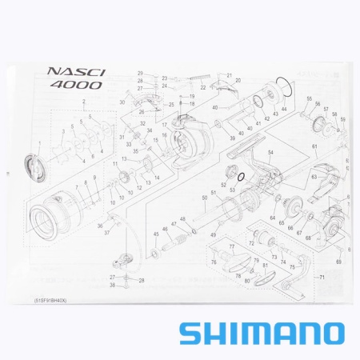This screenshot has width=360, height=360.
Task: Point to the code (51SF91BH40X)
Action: [x=52, y=300]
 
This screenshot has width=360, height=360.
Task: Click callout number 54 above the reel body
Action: [x=270, y=152]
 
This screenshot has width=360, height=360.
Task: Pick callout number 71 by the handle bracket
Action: [x=322, y=277]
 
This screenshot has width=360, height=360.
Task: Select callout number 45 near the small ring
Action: [x=155, y=234]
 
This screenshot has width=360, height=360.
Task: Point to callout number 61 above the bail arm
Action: [x=315, y=148]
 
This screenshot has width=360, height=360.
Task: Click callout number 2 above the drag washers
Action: [x=82, y=102]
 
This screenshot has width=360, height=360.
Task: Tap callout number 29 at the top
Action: [x=140, y=74]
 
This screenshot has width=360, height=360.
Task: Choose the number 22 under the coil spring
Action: [x=203, y=87]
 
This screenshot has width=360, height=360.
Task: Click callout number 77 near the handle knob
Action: [x=232, y=248]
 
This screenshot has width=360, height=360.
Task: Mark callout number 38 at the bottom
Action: [x=113, y=286]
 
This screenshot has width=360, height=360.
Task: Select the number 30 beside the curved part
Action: [x=122, y=103]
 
